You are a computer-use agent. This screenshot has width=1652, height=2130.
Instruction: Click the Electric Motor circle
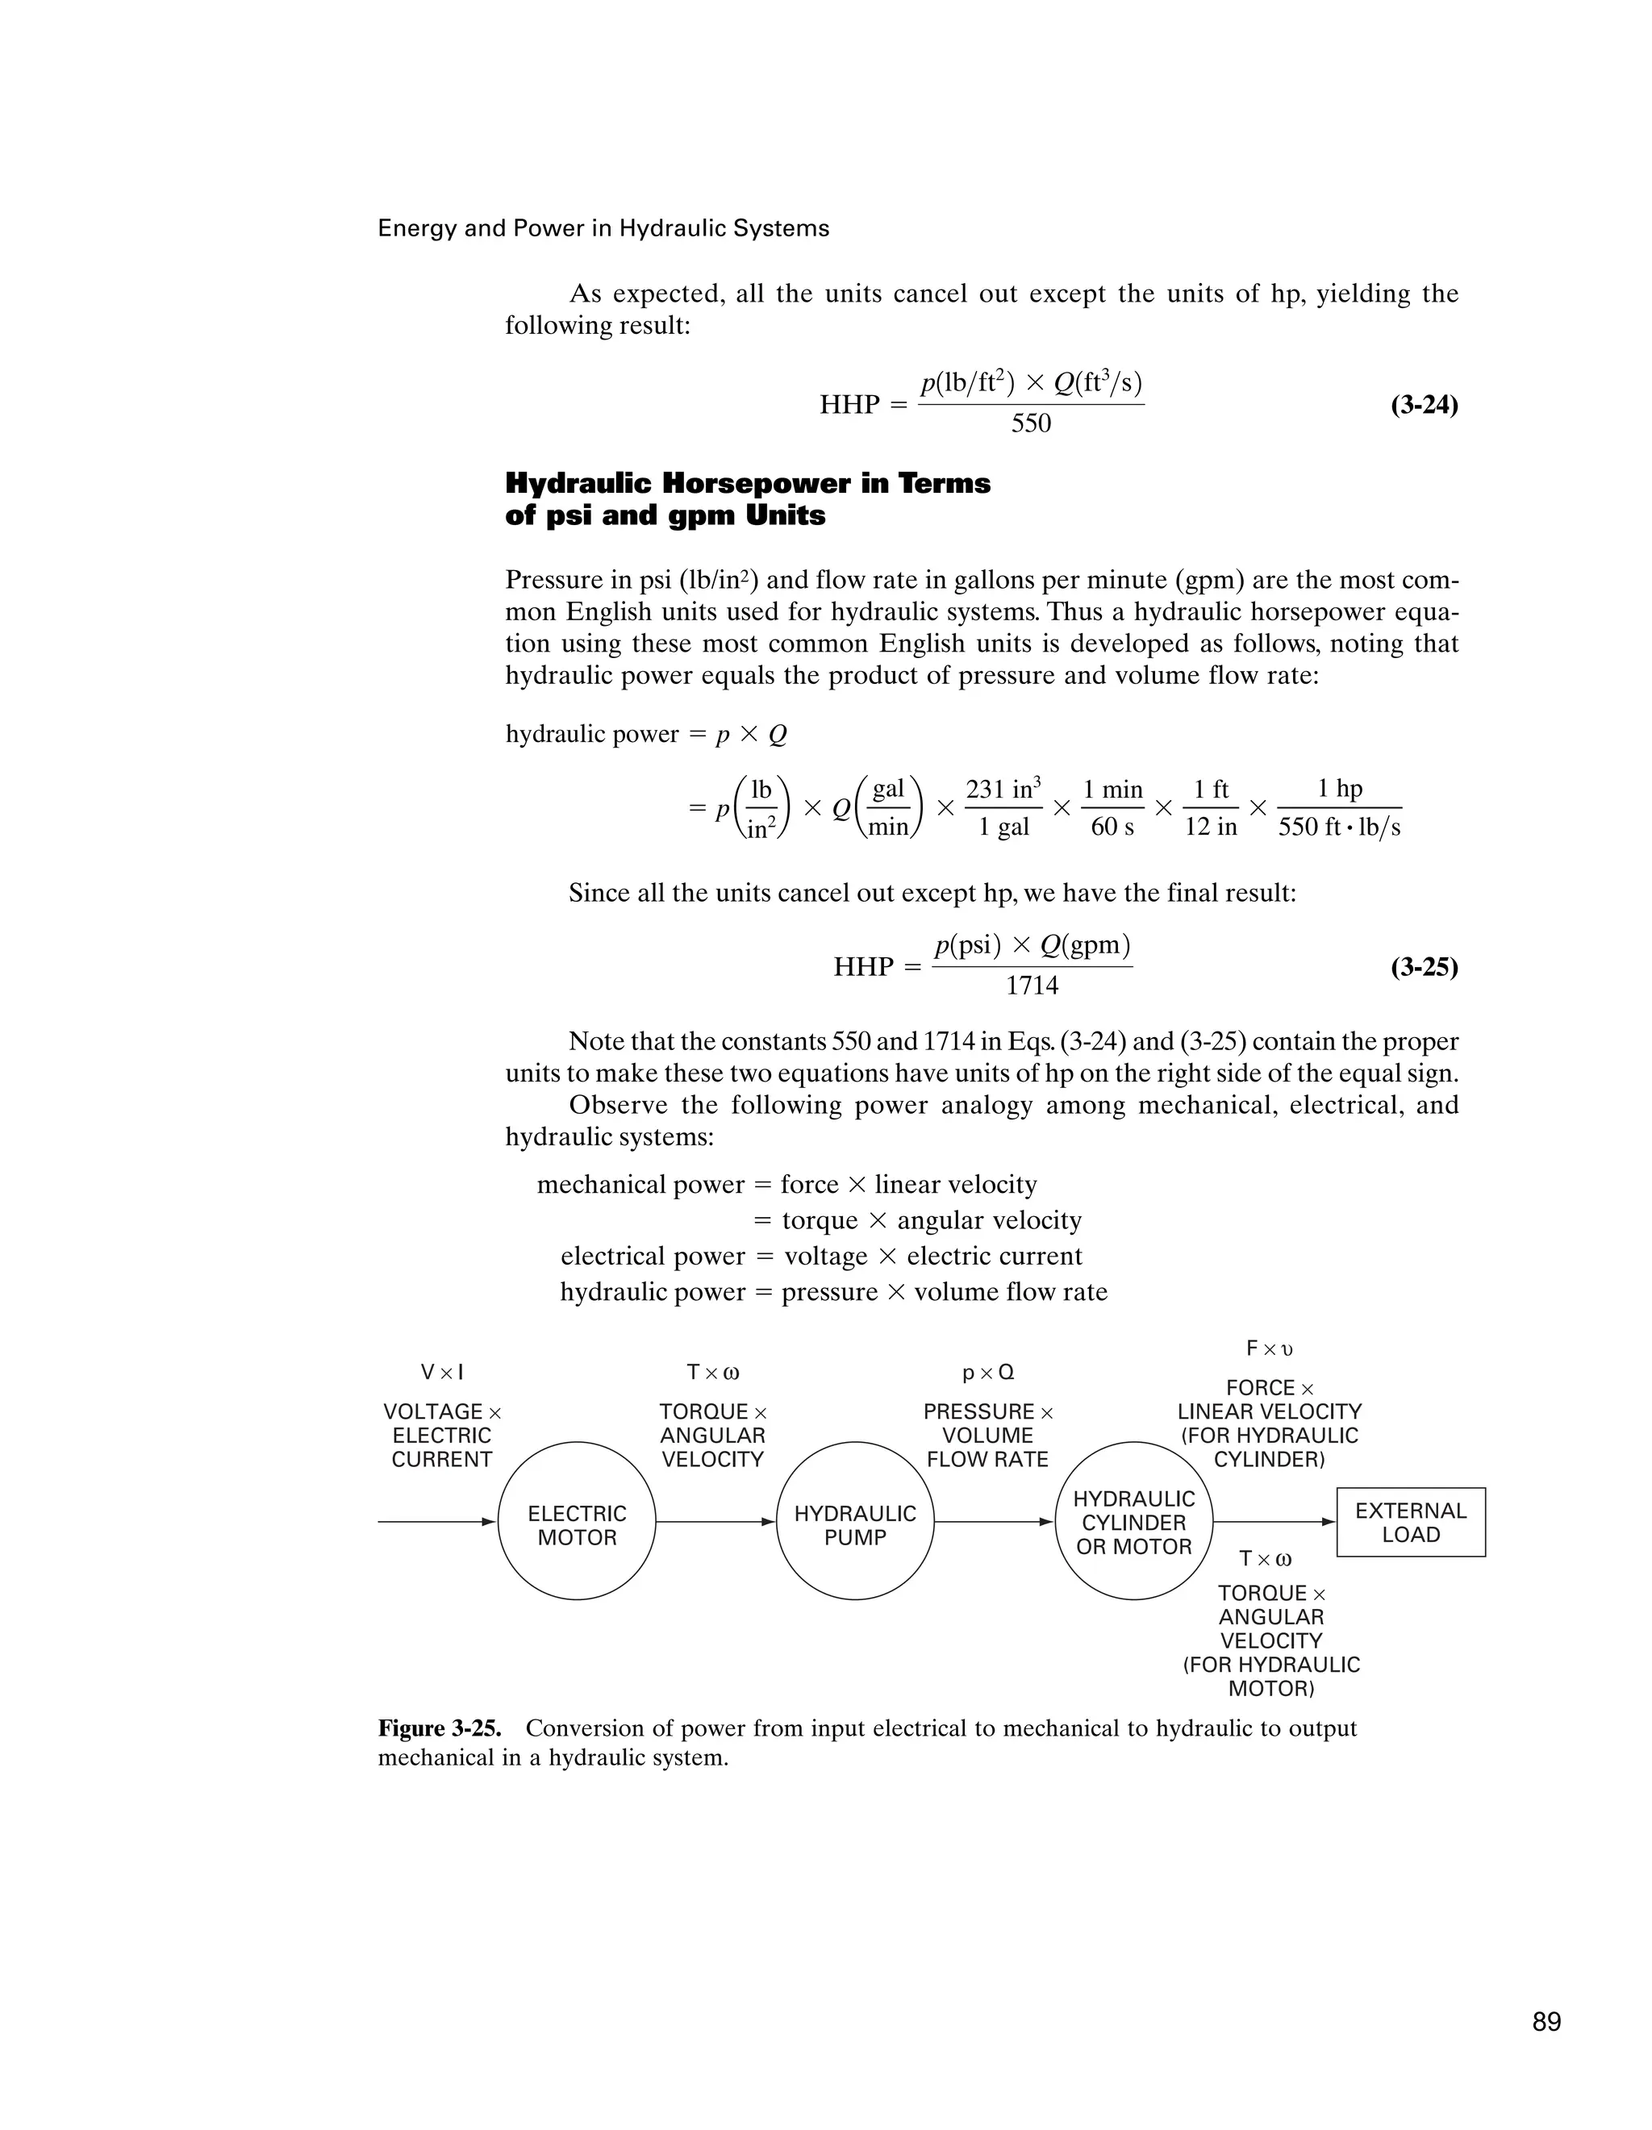(577, 1520)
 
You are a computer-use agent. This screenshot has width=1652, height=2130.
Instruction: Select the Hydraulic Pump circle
(854, 1520)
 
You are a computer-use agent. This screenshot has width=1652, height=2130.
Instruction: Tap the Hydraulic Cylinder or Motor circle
(1133, 1520)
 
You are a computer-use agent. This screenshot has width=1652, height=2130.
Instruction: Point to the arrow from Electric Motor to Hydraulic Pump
(715, 1521)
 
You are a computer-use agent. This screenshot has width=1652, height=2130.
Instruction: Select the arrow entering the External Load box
(1274, 1521)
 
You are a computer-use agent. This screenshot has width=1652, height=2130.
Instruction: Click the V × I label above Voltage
(442, 1372)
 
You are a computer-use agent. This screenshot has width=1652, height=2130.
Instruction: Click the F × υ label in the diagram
(1269, 1348)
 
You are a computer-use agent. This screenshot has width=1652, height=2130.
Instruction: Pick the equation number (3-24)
(1424, 405)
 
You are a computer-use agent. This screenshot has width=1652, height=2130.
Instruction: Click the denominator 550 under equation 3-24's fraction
(1031, 423)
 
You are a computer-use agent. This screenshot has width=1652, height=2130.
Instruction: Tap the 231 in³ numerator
(1003, 789)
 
